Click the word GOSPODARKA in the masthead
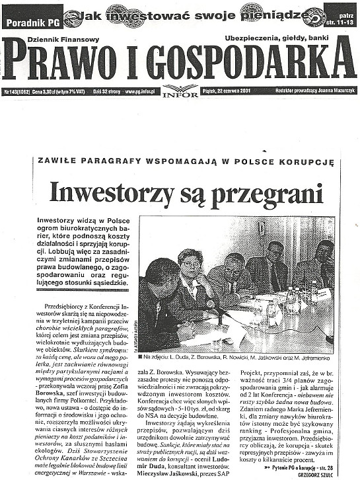[238, 63]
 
